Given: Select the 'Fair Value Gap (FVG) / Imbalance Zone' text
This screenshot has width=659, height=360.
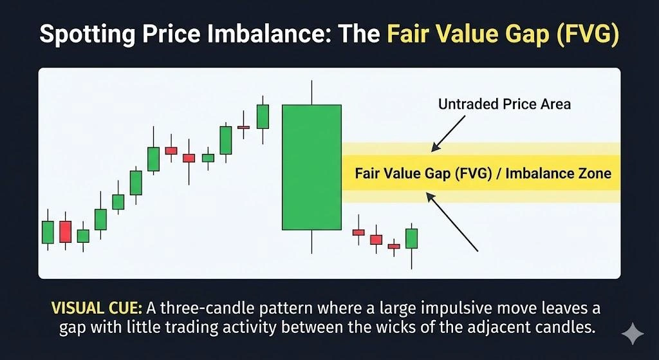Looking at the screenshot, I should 483,174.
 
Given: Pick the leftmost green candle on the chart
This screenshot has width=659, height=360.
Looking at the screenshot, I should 48,232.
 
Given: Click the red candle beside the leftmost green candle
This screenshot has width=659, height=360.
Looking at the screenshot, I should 65,232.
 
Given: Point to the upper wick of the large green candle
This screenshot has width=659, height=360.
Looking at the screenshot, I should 311,93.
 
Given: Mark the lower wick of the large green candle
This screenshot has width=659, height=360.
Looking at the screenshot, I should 311,242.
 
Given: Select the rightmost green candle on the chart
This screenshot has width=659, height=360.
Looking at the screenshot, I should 411,238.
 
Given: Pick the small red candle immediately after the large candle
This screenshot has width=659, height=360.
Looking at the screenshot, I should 358,232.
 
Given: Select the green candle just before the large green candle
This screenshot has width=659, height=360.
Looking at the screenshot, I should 262,117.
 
